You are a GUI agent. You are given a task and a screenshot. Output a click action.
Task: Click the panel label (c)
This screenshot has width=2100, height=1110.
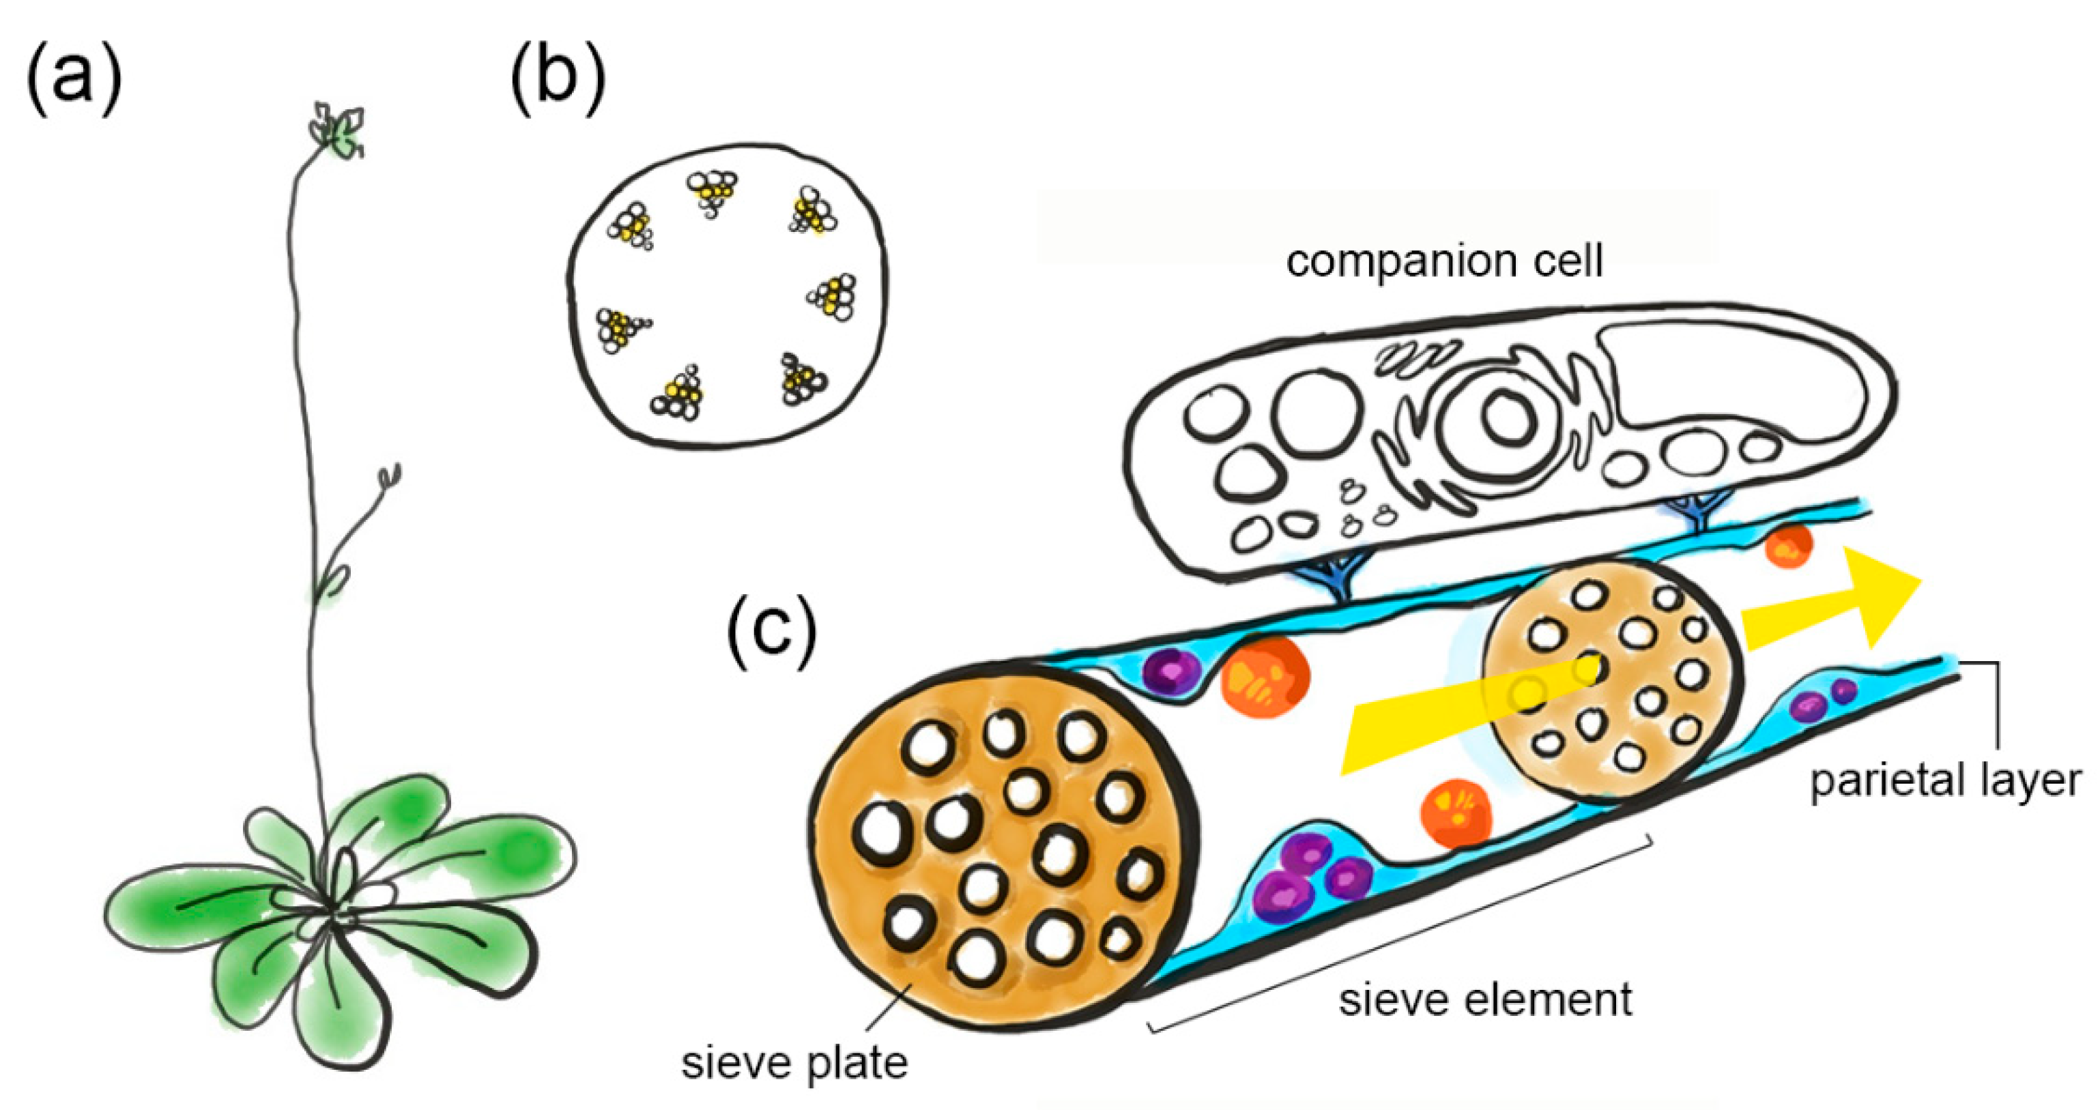click(771, 632)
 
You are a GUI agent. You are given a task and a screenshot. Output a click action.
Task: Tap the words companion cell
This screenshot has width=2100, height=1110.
click(1443, 261)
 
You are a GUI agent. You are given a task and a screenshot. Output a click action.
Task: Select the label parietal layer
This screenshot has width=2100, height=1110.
click(1945, 780)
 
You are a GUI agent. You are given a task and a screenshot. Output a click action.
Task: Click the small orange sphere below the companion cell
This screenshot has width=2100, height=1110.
click(1788, 546)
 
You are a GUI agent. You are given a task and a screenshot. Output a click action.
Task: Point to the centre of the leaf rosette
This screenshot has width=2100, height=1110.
click(330, 905)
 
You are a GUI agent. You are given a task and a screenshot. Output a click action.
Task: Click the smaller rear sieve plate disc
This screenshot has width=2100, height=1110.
click(1610, 680)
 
